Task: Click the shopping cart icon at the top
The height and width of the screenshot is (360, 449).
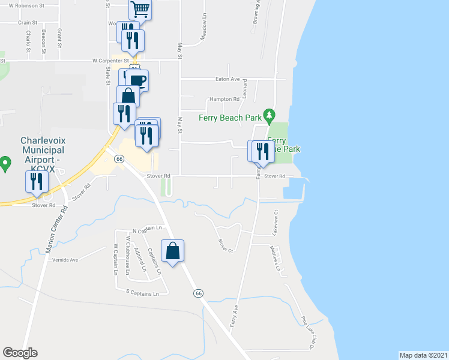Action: click(140, 9)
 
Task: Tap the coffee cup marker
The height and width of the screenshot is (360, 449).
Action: click(137, 80)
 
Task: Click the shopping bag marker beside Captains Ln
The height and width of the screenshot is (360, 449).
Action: click(172, 251)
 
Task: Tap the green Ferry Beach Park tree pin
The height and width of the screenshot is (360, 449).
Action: click(270, 114)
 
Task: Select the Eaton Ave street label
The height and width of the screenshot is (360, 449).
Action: click(228, 79)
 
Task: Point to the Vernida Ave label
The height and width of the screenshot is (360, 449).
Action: click(66, 260)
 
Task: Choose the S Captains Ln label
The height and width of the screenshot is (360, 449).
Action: click(142, 293)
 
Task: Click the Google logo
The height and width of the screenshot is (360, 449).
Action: click(20, 352)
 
